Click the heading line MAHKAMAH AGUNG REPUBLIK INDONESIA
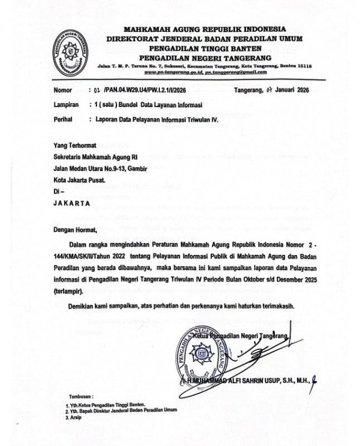click(x=204, y=28)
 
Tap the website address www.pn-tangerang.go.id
click(x=173, y=72)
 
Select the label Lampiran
click(x=66, y=104)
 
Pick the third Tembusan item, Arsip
click(x=74, y=418)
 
